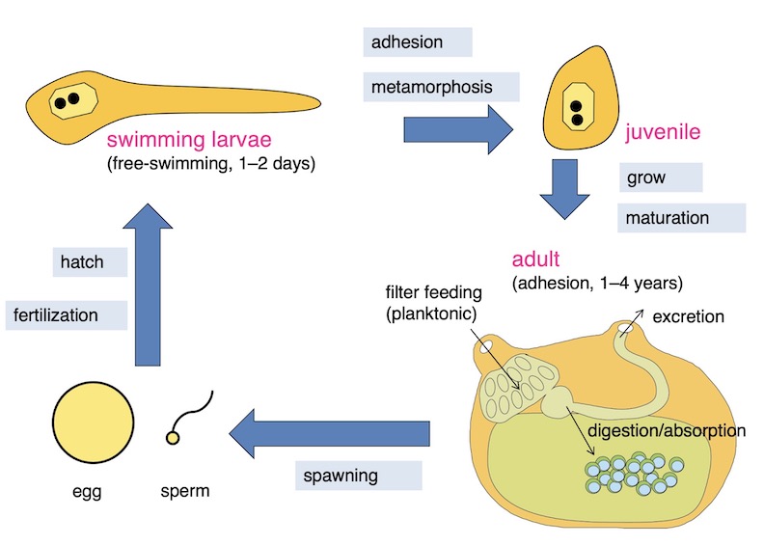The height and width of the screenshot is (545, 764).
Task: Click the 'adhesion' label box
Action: coord(418,42)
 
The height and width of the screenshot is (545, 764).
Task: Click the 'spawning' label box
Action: coord(358,477)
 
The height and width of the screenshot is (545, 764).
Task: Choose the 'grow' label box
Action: coord(660,178)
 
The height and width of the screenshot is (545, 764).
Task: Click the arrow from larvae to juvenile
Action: coord(459,127)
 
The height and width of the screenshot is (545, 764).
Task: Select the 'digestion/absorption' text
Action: coord(667,430)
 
